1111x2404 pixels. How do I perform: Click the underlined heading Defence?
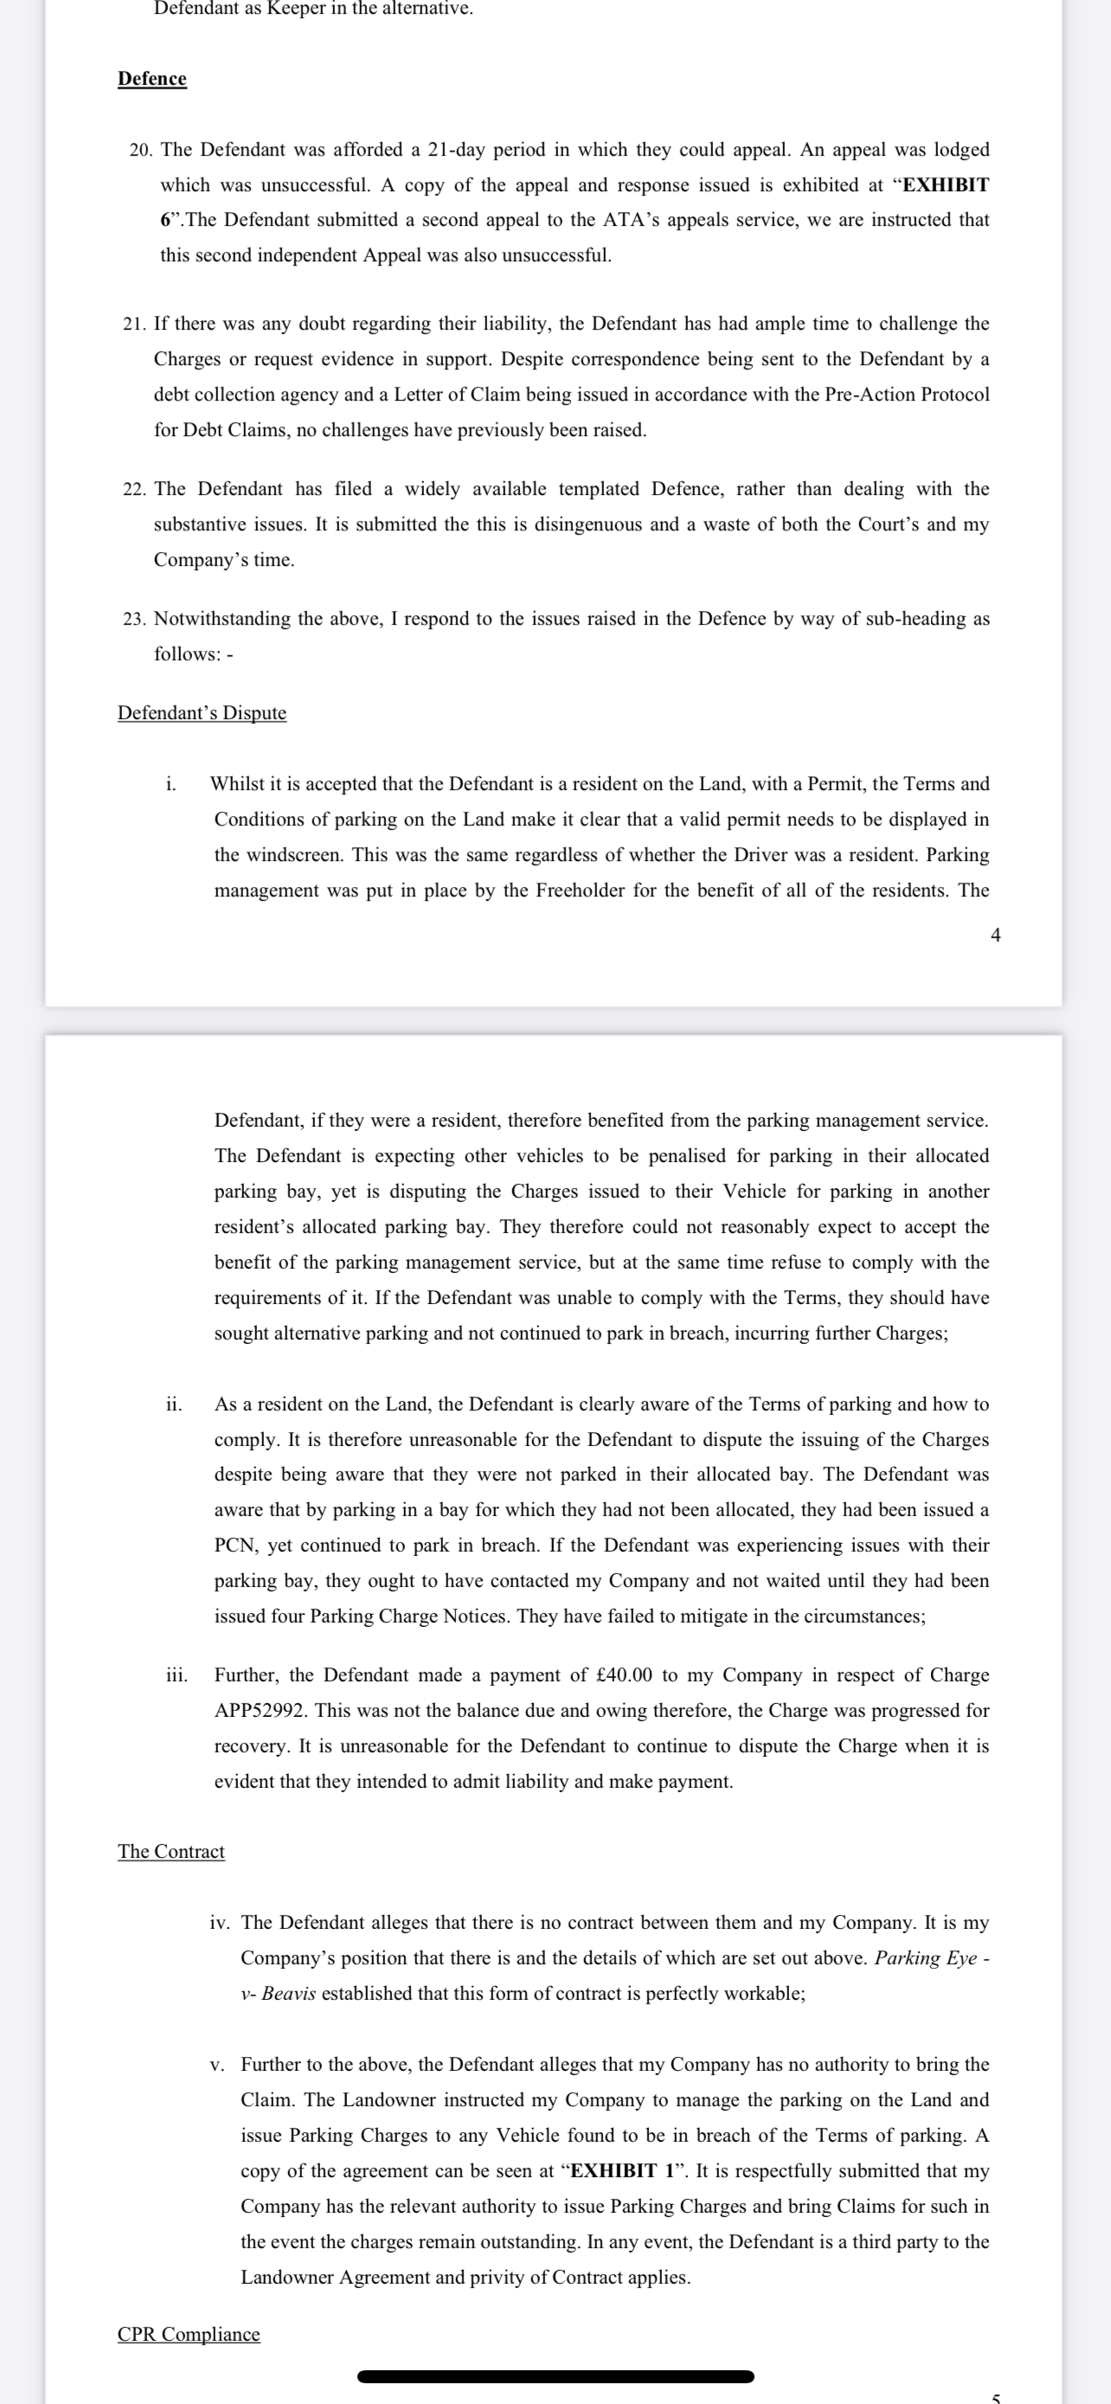(152, 79)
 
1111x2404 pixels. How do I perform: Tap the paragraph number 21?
(133, 324)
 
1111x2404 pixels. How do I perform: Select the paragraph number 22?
(133, 489)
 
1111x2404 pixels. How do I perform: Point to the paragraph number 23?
(133, 619)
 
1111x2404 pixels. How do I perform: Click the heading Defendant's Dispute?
(202, 713)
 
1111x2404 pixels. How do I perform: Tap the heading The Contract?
(170, 1852)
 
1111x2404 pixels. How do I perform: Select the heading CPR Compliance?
(189, 2335)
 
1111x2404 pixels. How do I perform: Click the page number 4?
(995, 935)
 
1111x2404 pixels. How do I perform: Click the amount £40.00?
(624, 1675)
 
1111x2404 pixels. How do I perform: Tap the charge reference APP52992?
(260, 1711)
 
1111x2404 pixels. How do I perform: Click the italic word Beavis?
(288, 1993)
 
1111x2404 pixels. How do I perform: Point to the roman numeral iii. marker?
(177, 1675)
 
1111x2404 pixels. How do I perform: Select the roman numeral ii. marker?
(174, 1404)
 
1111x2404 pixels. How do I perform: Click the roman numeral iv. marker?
(219, 1923)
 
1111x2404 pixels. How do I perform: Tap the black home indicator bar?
(555, 2377)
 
